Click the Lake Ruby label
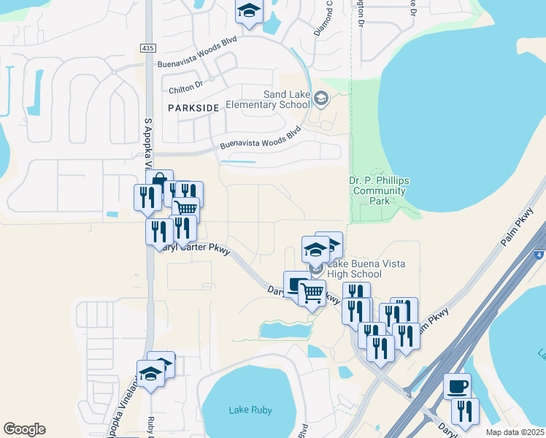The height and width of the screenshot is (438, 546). [x=250, y=410]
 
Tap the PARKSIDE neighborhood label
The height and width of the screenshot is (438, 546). [x=193, y=107]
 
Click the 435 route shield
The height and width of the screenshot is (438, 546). [x=148, y=47]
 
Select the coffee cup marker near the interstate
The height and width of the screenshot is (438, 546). [x=458, y=386]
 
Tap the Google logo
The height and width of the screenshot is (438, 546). [x=24, y=429]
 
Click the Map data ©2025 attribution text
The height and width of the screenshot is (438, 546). [x=515, y=432]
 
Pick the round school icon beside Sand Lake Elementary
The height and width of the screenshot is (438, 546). [x=321, y=97]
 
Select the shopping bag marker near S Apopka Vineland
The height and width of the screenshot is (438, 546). [x=159, y=182]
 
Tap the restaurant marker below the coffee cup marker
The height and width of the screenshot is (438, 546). [x=464, y=411]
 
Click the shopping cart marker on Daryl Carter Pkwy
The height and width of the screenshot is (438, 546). [x=312, y=293]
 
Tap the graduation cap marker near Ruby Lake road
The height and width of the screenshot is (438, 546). [x=151, y=374]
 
